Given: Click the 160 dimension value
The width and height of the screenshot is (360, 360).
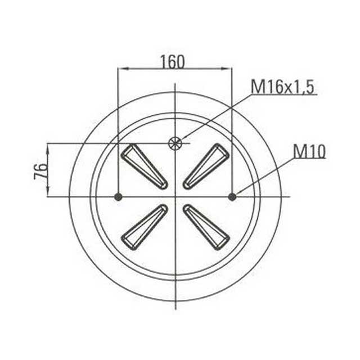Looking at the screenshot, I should [172, 61].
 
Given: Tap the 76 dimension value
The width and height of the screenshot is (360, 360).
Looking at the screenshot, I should [40, 169].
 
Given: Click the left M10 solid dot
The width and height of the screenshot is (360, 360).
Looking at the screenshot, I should [118, 196].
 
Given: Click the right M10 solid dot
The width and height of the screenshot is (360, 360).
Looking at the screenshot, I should [232, 196].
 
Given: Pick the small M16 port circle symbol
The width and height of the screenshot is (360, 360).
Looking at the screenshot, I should [175, 143].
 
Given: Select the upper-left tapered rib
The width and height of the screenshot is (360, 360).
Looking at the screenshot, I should [145, 166].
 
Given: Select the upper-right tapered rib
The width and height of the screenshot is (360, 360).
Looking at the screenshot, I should [206, 166].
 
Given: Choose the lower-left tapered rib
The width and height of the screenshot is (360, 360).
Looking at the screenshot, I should [145, 226].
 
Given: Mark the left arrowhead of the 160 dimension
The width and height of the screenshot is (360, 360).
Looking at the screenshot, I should [121, 69].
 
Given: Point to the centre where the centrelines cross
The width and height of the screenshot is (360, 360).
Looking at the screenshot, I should [175, 196].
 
